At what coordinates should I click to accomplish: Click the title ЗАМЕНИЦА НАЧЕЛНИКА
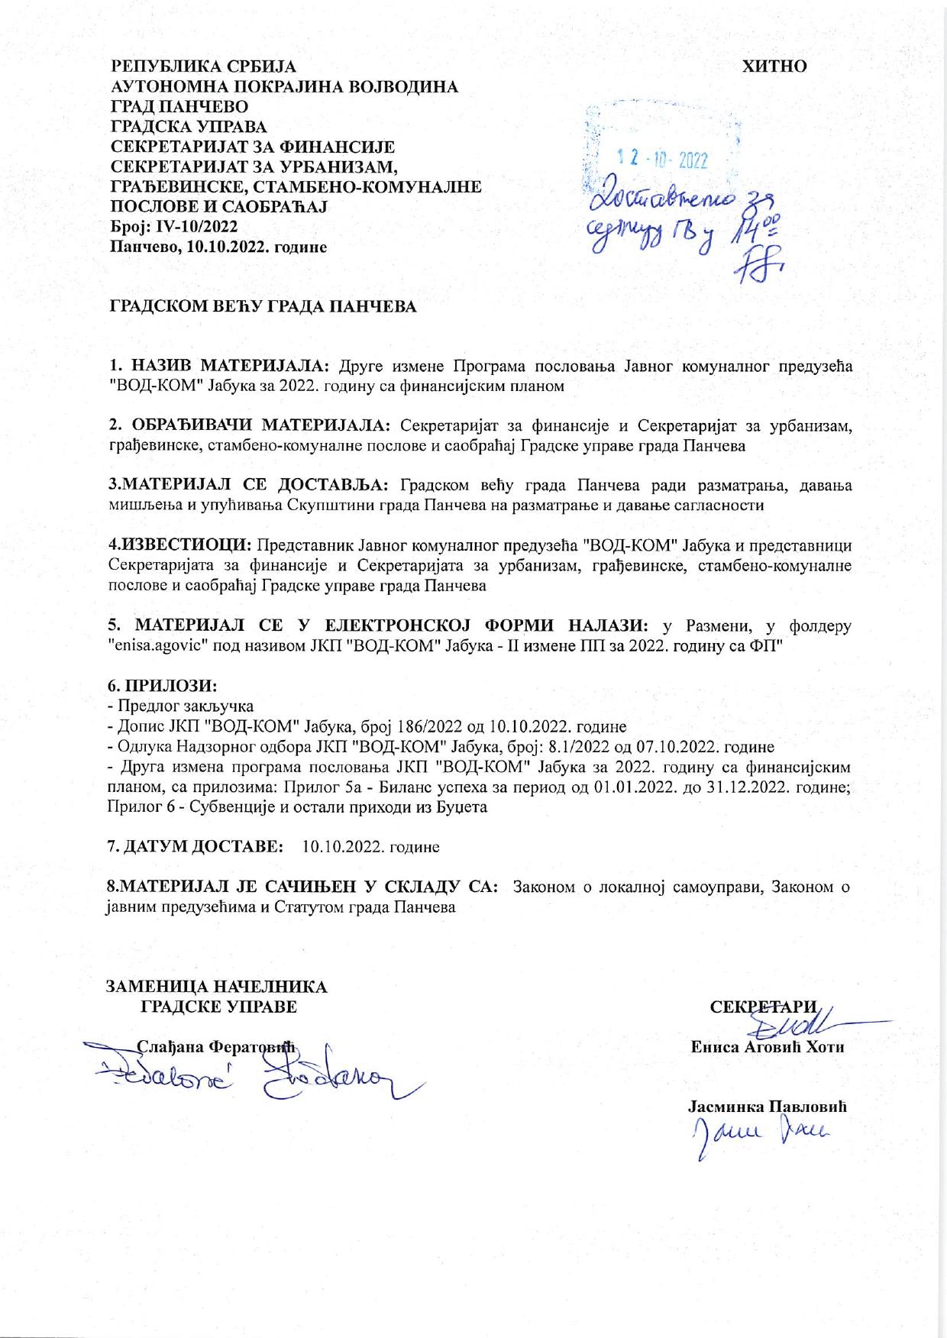216,987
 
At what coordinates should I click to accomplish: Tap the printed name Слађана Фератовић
215,1046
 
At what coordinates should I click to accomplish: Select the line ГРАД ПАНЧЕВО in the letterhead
179,106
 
